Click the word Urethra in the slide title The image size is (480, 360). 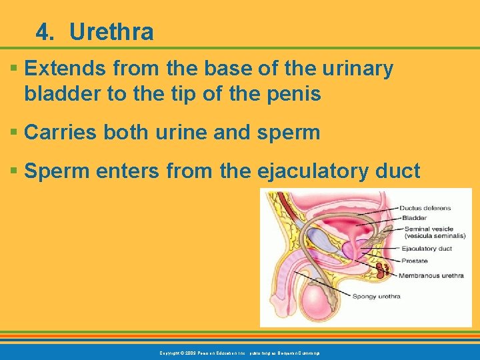[x=111, y=32]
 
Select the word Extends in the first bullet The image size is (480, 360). [x=61, y=69]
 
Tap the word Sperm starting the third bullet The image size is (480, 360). [x=55, y=171]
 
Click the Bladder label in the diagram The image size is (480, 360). [x=415, y=217]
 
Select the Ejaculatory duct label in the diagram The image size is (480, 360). [x=427, y=249]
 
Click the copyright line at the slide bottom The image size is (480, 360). [x=240, y=352]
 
